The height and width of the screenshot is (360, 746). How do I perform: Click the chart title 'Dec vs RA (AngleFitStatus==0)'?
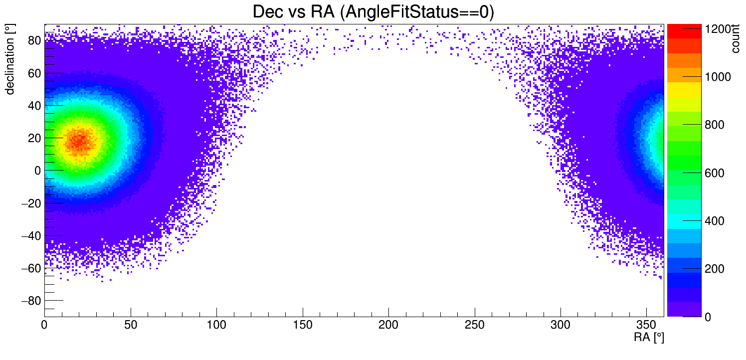point(373,12)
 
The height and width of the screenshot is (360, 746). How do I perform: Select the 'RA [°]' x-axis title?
point(649,338)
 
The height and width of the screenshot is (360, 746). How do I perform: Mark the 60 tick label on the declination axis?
point(34,73)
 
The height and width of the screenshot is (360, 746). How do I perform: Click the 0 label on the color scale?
point(708,317)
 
